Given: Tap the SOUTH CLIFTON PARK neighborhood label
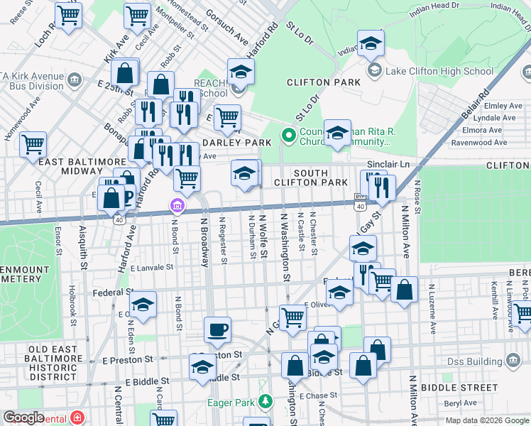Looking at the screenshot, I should [x=311, y=178].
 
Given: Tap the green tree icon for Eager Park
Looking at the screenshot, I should [x=265, y=401].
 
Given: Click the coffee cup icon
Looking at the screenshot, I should [x=217, y=329].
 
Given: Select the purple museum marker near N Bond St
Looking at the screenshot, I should [x=177, y=207].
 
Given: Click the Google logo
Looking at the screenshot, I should [x=23, y=417].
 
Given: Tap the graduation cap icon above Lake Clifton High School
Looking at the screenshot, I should [x=371, y=44].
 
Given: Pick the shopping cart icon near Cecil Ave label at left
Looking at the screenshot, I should [x=33, y=144].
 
